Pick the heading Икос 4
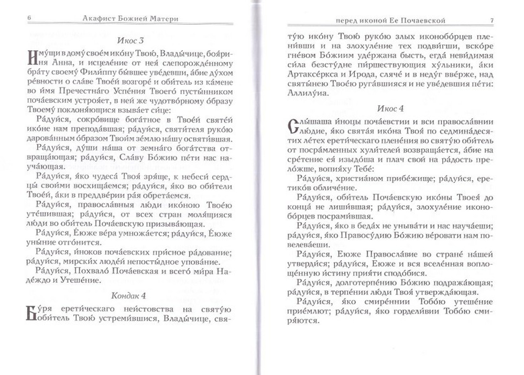coord(390,109)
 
